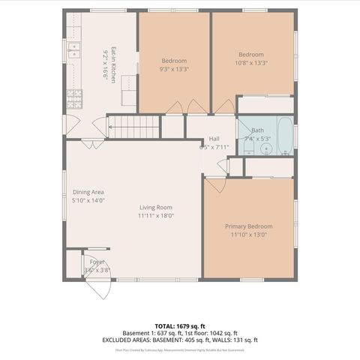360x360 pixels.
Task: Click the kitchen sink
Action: pos(74,51)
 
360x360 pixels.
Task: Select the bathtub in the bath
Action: pos(286,135)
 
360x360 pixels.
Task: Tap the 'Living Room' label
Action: pos(155,208)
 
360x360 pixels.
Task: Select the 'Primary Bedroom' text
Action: pos(248,226)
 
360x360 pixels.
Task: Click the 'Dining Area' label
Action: pos(88,192)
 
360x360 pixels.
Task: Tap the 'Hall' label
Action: pos(214,139)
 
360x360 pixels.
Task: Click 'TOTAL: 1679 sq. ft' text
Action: pos(179,325)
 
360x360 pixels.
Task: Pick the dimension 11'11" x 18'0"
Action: pos(155,216)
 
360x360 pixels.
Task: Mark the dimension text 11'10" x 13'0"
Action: pos(248,235)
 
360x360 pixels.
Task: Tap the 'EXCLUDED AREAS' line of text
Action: pos(179,340)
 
